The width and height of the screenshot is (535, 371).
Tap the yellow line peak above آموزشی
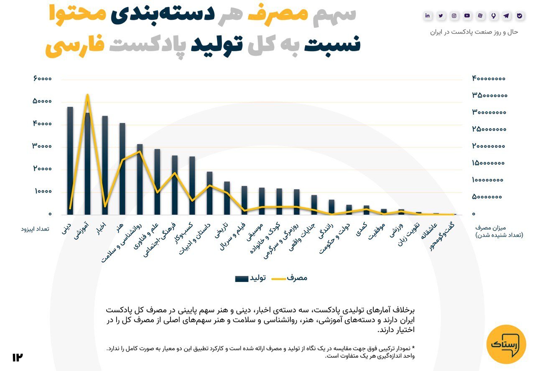point(87,95)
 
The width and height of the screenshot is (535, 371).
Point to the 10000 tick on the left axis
point(43,192)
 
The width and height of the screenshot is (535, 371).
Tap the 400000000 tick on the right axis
point(489,79)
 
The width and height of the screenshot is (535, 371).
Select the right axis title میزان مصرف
point(491,228)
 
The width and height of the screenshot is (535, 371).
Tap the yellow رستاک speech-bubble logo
point(506,344)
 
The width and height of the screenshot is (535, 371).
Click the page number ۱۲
point(17,357)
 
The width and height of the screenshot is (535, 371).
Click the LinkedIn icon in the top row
point(428,16)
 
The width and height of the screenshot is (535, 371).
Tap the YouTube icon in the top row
point(467,16)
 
